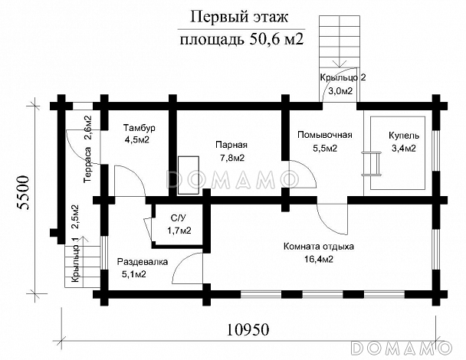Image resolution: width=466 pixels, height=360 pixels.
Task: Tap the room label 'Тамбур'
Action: pos(139,128)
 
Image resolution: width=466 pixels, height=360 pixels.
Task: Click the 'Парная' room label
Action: pos(229,145)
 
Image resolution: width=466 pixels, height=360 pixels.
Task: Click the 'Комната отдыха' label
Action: pos(318,247)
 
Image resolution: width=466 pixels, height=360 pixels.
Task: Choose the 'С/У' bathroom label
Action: pos(180,218)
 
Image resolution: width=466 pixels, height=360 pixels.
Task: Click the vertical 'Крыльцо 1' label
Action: pos(75,262)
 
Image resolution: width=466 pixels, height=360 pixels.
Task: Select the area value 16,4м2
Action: pos(318,260)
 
